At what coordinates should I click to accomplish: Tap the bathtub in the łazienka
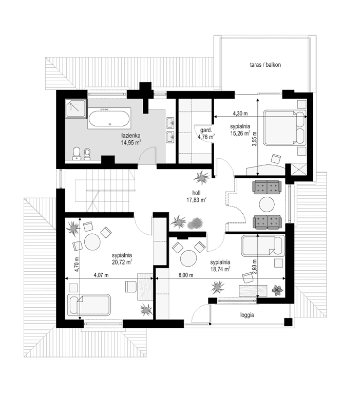[109, 119]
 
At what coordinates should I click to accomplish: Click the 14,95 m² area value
[131, 143]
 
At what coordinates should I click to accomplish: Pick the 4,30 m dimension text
[240, 113]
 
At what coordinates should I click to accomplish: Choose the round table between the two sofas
[267, 204]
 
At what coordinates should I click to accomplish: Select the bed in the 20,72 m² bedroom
[89, 306]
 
